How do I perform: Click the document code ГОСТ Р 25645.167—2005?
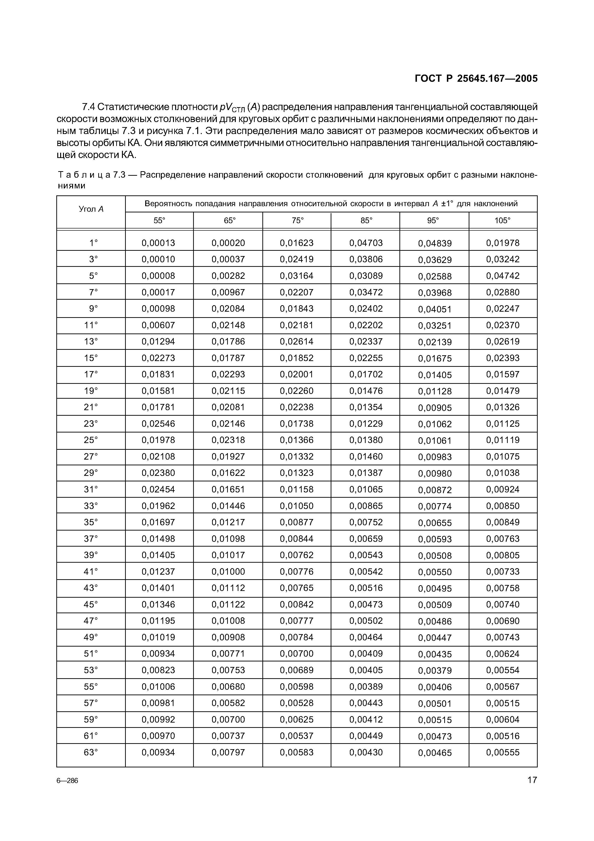476,78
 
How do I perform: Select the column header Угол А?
91,209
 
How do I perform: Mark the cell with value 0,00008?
158,275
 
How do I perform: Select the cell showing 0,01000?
228,571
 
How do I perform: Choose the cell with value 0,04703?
366,242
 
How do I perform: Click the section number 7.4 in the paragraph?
88,107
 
